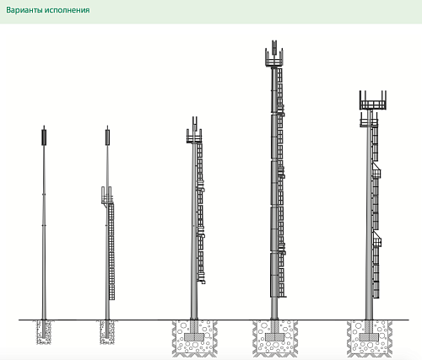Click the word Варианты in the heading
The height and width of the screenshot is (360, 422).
click(24, 10)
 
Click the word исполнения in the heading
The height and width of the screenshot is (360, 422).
click(67, 10)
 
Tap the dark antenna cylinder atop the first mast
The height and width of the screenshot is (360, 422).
click(44, 137)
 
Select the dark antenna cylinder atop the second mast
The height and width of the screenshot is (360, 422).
click(107, 137)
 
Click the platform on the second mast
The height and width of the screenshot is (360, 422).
click(107, 196)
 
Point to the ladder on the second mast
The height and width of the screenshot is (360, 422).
click(111, 251)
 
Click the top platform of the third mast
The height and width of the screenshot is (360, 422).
click(194, 137)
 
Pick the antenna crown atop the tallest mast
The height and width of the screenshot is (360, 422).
click(274, 54)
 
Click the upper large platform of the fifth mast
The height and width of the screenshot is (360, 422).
click(373, 100)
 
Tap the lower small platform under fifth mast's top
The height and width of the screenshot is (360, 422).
click(369, 120)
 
